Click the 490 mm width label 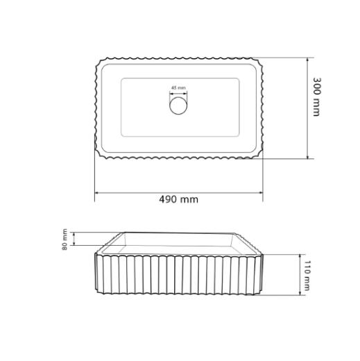pyautogui.click(x=178, y=199)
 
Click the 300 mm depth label pyautogui.click(x=316, y=96)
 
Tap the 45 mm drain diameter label pyautogui.click(x=178, y=87)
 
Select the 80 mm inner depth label pyautogui.click(x=65, y=240)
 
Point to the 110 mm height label pyautogui.click(x=307, y=276)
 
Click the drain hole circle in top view pyautogui.click(x=178, y=106)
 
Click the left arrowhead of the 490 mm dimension pyautogui.click(x=97, y=192)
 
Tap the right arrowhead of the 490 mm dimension pyautogui.click(x=261, y=192)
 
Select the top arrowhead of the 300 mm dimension pyautogui.click(x=307, y=60)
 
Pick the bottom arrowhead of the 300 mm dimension pyautogui.click(x=307, y=156)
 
